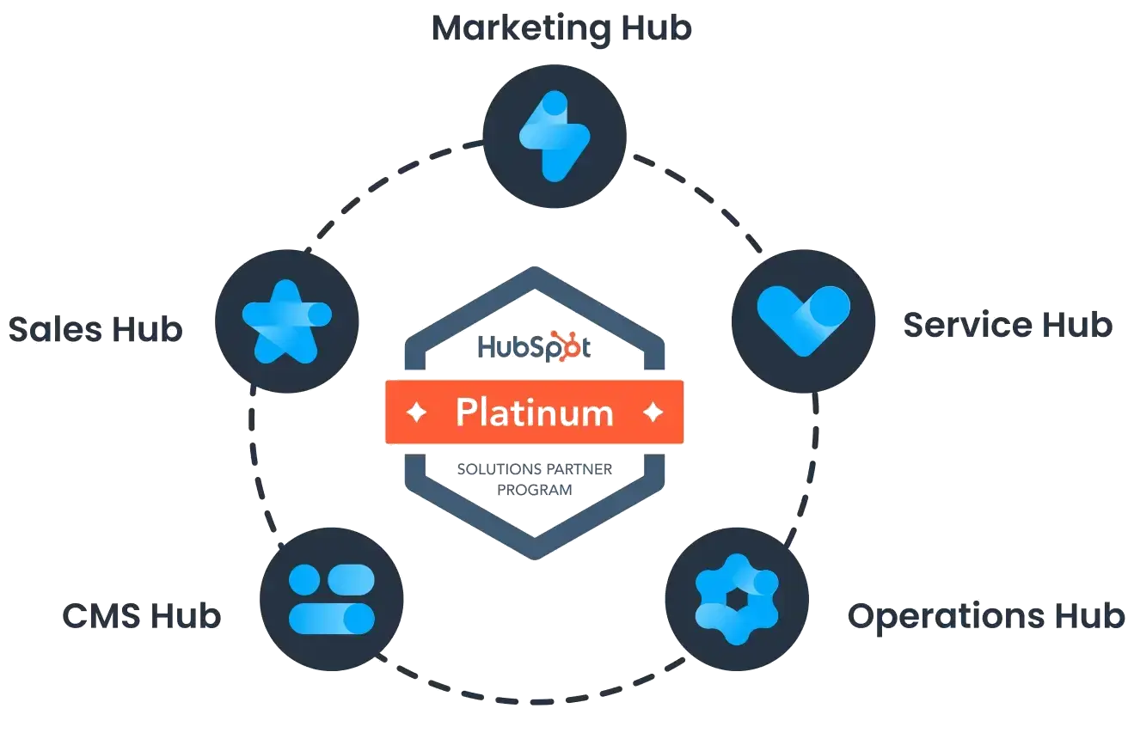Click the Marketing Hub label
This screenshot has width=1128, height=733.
coord(562,28)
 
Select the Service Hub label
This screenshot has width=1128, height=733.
coord(1007,326)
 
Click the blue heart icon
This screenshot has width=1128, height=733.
coord(803,320)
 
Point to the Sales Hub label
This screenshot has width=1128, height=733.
coord(95,329)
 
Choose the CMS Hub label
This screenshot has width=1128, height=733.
coord(141,616)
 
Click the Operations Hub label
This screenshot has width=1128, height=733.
coord(985,616)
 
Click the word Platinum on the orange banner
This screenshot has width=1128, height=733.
coord(534,412)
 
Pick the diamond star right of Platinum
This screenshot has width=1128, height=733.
coord(653,412)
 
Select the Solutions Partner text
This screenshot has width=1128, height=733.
coord(534,468)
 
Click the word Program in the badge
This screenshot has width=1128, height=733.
coord(534,488)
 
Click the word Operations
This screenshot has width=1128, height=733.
coord(946,616)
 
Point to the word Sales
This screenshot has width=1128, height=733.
coord(58,329)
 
